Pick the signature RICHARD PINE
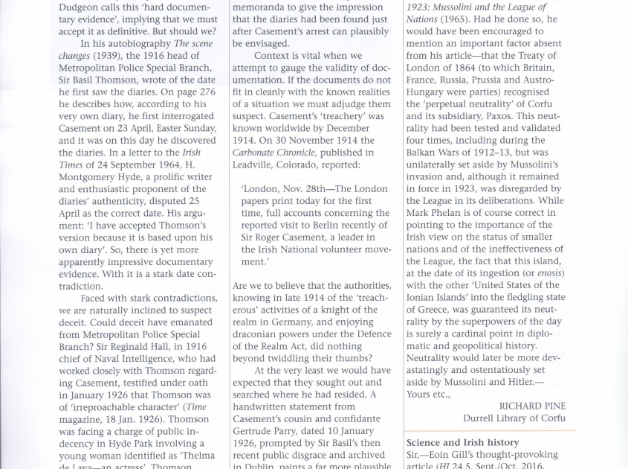532,406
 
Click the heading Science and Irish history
462,442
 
